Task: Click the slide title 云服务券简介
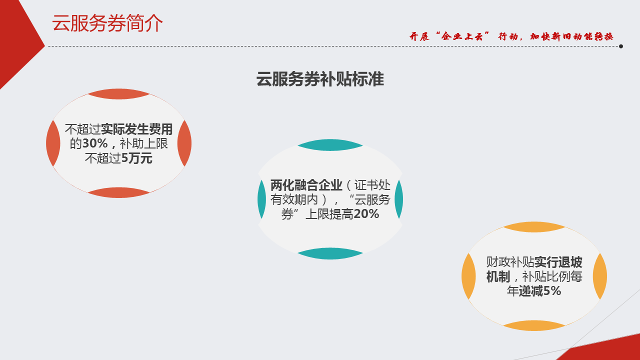click(x=107, y=23)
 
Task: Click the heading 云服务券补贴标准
click(x=320, y=79)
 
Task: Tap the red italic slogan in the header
click(x=511, y=36)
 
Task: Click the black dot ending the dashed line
click(x=621, y=46)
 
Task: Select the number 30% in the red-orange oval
click(x=95, y=143)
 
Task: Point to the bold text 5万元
click(x=136, y=158)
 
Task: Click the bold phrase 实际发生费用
click(x=136, y=129)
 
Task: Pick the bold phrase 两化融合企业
click(x=306, y=185)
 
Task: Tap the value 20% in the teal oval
click(x=366, y=213)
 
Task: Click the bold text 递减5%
click(x=539, y=291)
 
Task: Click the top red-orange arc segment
click(x=118, y=94)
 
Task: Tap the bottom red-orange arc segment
click(x=118, y=192)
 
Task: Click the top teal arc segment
click(x=330, y=145)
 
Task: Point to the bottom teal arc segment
click(x=330, y=253)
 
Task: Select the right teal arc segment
click(x=399, y=199)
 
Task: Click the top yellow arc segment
click(x=534, y=227)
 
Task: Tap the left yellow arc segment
click(x=468, y=276)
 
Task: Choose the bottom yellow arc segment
click(x=534, y=325)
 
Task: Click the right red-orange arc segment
click(x=185, y=143)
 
